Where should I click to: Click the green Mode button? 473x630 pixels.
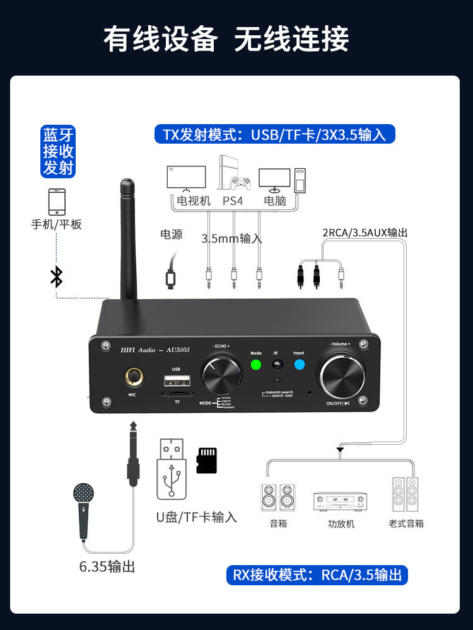tap(255, 364)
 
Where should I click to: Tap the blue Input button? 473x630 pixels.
tap(298, 364)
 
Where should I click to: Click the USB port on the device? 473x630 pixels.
tap(176, 381)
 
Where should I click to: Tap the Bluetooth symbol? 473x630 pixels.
tap(57, 277)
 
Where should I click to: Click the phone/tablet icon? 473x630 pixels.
tap(56, 202)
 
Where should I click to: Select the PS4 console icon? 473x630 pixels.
tap(233, 174)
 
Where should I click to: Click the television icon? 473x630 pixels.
tap(185, 178)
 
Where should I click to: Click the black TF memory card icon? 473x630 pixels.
tap(206, 461)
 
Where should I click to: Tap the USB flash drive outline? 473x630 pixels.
tap(172, 469)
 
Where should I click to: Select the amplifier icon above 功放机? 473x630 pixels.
tap(340, 502)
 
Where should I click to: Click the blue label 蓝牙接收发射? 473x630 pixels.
tap(59, 151)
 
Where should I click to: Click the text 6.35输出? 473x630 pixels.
tap(107, 566)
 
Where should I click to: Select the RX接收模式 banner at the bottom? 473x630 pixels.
tap(317, 575)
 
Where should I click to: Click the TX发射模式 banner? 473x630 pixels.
tap(274, 134)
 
